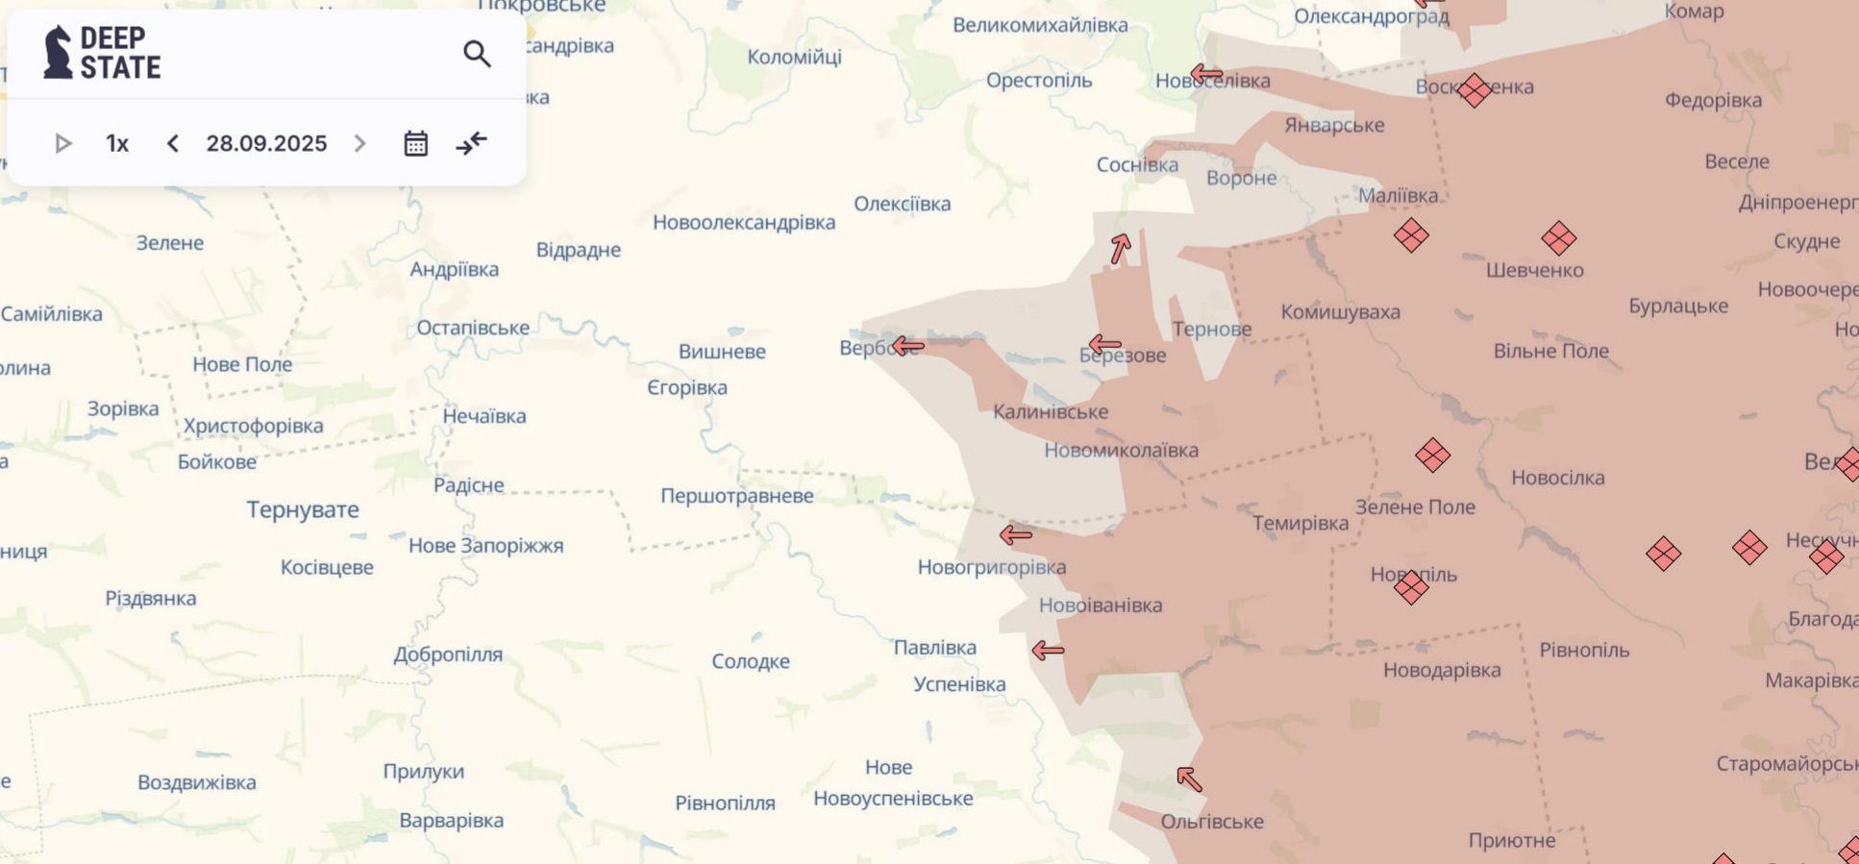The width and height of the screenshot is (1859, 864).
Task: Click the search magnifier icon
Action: tap(477, 54)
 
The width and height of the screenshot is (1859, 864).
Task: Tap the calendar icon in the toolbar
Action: tap(415, 143)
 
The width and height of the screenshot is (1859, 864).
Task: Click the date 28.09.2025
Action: tap(266, 143)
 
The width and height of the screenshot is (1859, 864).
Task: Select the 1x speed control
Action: tap(117, 143)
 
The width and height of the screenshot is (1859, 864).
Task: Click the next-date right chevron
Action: tap(360, 143)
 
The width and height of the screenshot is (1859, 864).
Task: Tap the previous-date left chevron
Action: tap(173, 143)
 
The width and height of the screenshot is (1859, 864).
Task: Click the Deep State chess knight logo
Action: tap(59, 52)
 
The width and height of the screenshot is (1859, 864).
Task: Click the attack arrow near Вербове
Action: tap(907, 345)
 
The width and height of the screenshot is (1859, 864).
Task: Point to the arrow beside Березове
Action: tap(1104, 344)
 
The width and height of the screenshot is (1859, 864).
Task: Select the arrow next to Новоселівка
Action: tap(1206, 73)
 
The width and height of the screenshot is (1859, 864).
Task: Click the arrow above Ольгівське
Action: tap(1189, 778)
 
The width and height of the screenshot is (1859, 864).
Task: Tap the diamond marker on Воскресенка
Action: tap(1474, 90)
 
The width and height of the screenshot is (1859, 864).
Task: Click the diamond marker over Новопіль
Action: tap(1411, 587)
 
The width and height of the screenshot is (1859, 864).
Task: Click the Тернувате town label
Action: tap(303, 509)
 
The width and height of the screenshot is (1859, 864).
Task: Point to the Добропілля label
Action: tap(448, 654)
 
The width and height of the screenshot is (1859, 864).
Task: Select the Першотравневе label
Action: tap(736, 496)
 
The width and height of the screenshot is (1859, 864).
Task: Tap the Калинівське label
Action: tap(1050, 411)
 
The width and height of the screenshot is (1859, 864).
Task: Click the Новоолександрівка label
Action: tap(743, 222)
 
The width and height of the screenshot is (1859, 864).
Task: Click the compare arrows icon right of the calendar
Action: tap(471, 143)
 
